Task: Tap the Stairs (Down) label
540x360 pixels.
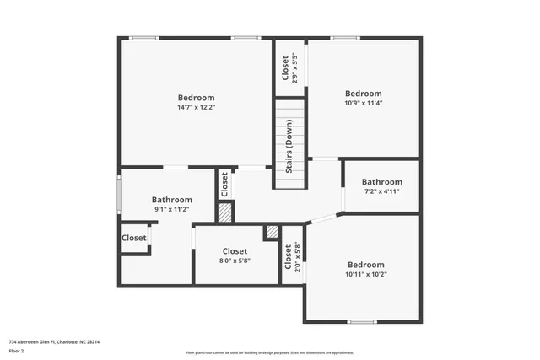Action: (x=289, y=146)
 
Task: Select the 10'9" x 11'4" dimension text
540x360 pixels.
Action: (x=364, y=105)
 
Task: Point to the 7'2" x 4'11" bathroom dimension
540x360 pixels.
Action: (x=381, y=191)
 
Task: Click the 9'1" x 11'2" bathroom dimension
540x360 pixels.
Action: (x=171, y=209)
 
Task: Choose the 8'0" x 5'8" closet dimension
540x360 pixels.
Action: (x=235, y=261)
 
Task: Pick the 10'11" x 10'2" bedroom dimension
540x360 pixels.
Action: (x=365, y=274)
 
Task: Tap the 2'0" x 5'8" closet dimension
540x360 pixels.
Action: (x=297, y=256)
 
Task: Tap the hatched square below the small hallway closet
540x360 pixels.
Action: (x=224, y=213)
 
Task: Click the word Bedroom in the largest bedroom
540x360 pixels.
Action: (x=195, y=98)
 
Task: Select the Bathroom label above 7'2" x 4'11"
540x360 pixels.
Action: (x=381, y=181)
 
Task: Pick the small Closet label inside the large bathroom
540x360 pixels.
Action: (x=134, y=238)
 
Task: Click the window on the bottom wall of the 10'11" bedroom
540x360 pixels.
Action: (x=362, y=321)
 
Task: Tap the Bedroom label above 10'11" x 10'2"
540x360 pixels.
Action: (x=365, y=263)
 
